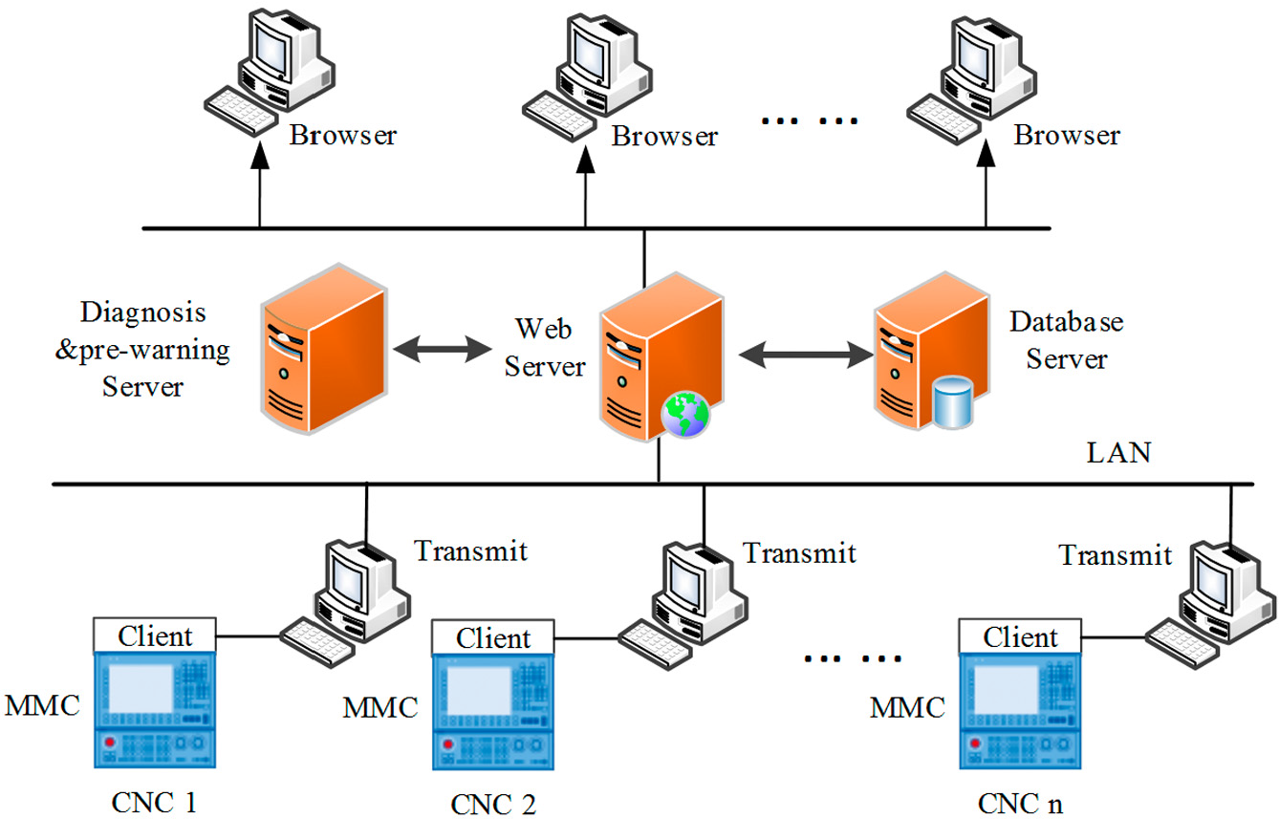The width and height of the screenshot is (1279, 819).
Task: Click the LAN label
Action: pyautogui.click(x=1118, y=453)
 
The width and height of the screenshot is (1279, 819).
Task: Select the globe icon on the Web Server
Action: pyautogui.click(x=685, y=415)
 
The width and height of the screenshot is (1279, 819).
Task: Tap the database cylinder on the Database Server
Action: pyautogui.click(x=952, y=402)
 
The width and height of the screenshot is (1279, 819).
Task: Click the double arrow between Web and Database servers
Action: pyautogui.click(x=806, y=355)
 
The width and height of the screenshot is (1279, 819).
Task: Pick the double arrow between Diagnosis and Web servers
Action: pyautogui.click(x=443, y=349)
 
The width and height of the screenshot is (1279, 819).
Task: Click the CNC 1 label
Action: pyautogui.click(x=154, y=803)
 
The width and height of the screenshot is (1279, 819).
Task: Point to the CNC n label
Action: pyautogui.click(x=1020, y=804)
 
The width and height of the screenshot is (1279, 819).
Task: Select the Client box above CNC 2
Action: pyautogui.click(x=492, y=637)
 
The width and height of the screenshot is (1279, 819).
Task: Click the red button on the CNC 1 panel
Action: pyautogui.click(x=109, y=743)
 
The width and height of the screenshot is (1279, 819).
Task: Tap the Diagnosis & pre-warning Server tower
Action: pyautogui.click(x=324, y=349)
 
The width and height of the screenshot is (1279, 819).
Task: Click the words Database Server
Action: pyautogui.click(x=1066, y=340)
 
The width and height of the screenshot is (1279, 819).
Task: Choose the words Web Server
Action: pyautogui.click(x=544, y=348)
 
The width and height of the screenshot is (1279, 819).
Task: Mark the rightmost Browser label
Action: pyautogui.click(x=1067, y=136)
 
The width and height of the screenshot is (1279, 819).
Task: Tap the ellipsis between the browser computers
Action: pyautogui.click(x=810, y=120)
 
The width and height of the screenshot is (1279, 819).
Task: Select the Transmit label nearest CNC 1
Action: pyautogui.click(x=470, y=550)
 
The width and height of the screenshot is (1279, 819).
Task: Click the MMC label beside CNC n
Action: pyautogui.click(x=907, y=708)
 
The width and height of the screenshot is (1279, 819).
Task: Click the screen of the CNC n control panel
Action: pyautogui.click(x=1006, y=689)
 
